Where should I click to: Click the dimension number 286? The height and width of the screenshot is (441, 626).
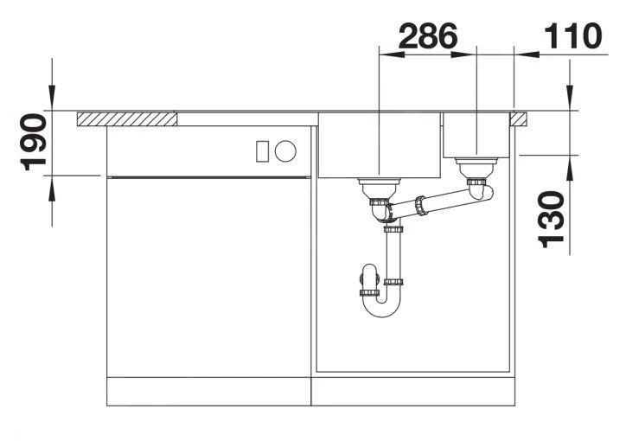426,35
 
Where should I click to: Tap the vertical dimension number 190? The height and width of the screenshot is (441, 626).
32,142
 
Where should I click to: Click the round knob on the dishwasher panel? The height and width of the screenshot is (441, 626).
284,151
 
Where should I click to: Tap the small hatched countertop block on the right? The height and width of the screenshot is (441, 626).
519,118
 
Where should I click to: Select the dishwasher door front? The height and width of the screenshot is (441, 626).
208,277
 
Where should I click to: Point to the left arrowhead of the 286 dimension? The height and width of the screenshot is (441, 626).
386,54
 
